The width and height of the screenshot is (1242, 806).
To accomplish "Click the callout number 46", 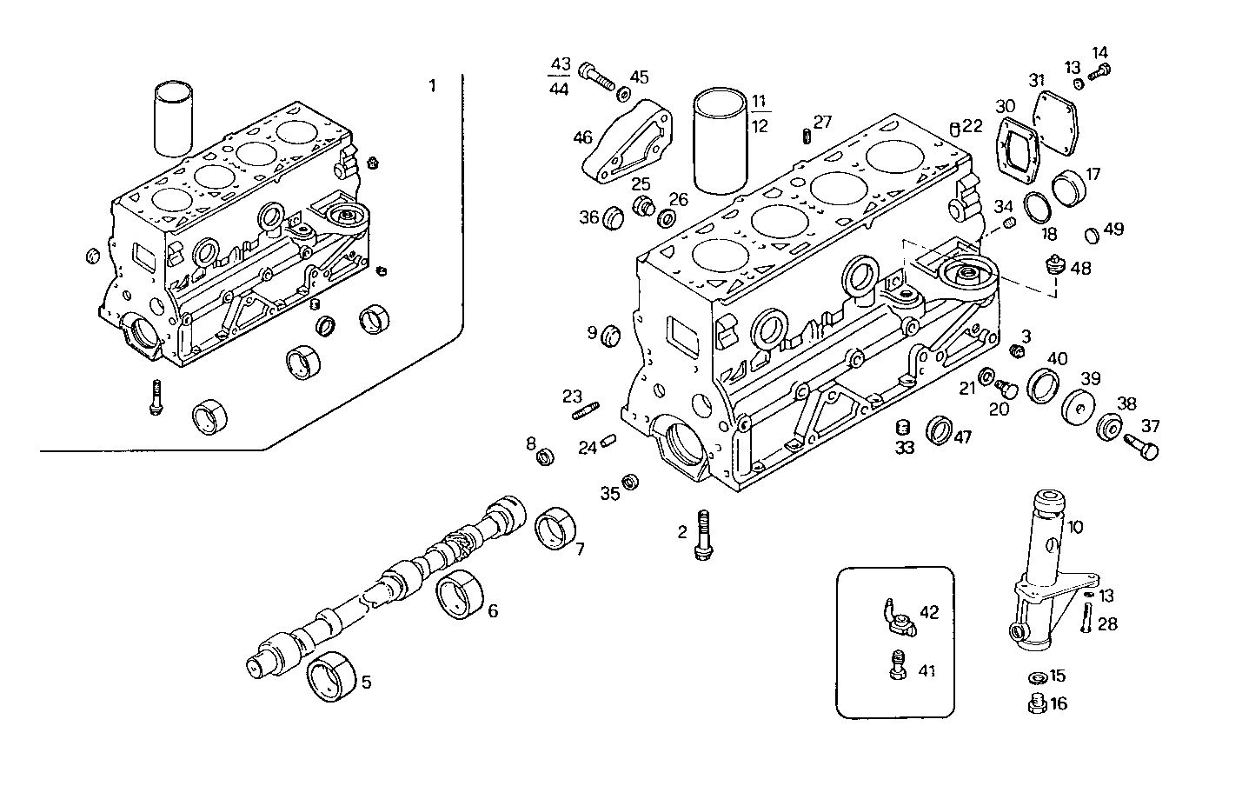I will point(582,137).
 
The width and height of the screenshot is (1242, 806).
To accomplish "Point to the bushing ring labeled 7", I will point(552,529).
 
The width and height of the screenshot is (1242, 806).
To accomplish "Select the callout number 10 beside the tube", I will point(1075,527).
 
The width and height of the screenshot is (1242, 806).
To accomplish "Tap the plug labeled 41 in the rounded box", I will point(896,667).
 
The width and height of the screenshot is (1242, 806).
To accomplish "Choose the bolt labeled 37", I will point(1140,446).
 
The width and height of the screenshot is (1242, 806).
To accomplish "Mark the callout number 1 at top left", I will point(432,85).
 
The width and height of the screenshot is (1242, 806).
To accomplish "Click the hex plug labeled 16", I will point(1035,705).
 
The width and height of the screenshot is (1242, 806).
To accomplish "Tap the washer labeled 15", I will point(1037,676).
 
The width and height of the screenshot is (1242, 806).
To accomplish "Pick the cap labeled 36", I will point(614,216).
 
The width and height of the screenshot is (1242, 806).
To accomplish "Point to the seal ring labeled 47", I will point(939,430).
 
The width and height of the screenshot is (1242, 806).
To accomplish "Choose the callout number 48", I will point(1080,268).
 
